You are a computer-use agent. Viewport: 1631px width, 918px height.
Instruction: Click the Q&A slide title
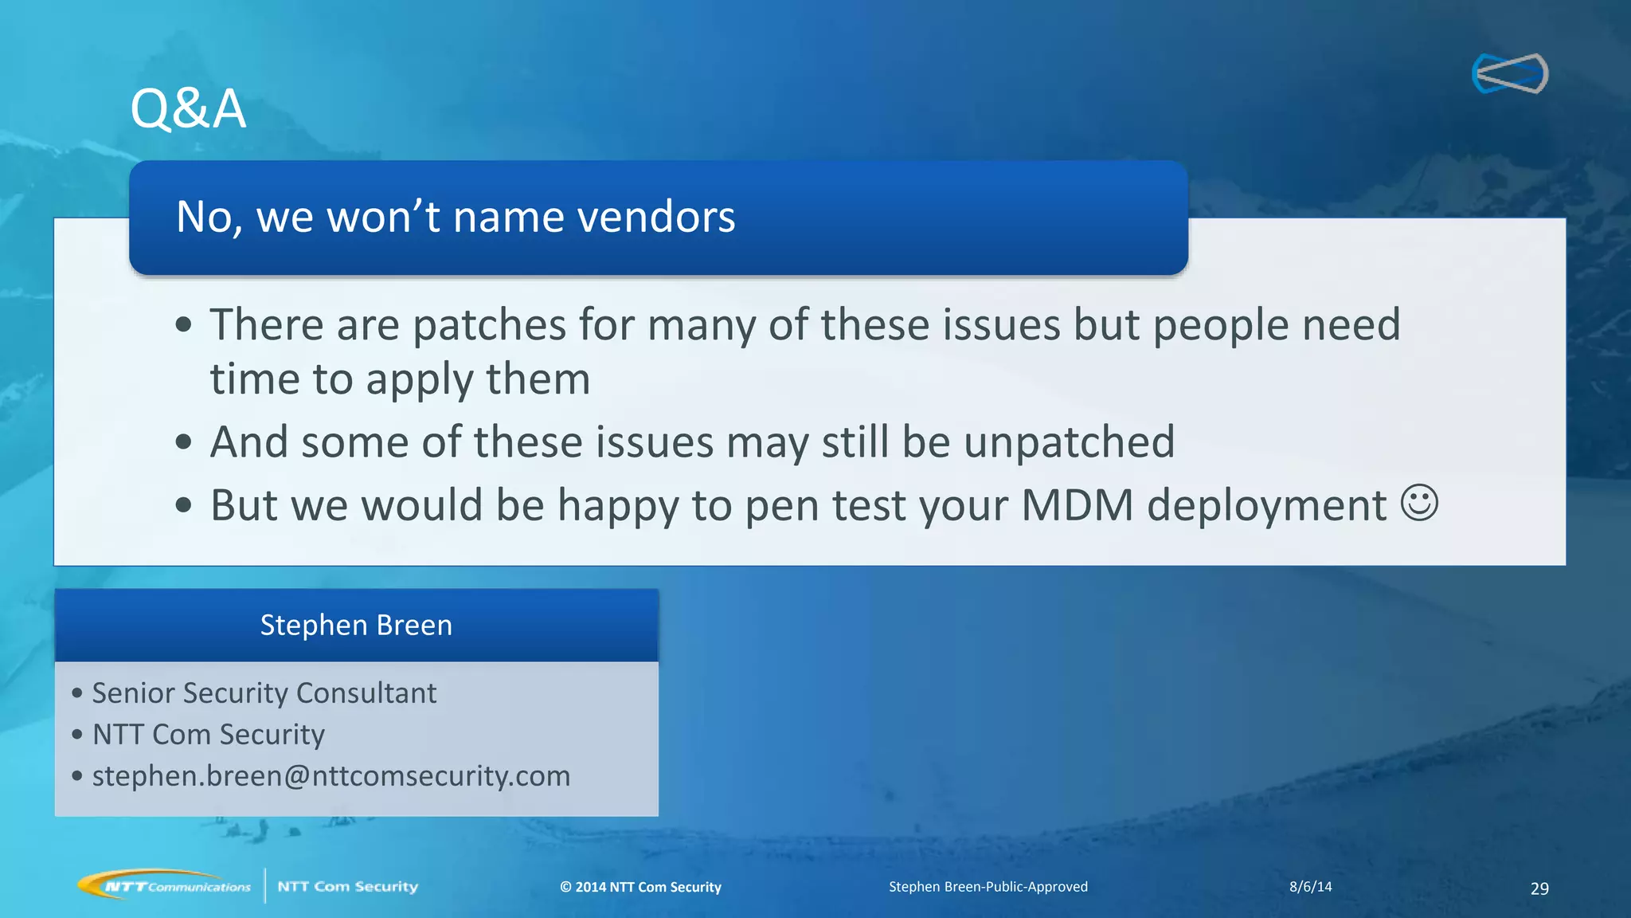(x=188, y=108)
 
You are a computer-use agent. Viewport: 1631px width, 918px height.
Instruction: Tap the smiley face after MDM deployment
(x=1419, y=504)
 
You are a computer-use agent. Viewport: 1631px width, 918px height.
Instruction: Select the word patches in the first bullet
(x=489, y=325)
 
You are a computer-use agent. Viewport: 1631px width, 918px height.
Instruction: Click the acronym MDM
(x=1077, y=505)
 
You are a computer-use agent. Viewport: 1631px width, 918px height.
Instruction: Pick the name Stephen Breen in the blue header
(x=356, y=626)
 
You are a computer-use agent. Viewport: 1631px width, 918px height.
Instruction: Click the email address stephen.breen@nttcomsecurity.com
(x=331, y=776)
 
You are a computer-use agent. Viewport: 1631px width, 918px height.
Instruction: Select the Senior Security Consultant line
(x=264, y=693)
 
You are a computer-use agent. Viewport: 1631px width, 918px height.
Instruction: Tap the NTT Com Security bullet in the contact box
(x=209, y=735)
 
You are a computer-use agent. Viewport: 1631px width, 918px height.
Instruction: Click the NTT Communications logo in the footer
(x=165, y=885)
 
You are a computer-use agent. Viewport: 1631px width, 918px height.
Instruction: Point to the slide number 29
(x=1539, y=889)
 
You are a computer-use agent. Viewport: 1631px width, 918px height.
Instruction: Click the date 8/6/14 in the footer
(x=1310, y=887)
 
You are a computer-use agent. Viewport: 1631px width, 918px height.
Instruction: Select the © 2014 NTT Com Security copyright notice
(x=640, y=887)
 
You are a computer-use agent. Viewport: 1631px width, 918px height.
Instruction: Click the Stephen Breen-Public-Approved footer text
(x=988, y=887)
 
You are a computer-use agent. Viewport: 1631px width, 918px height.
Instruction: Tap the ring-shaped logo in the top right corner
(x=1510, y=73)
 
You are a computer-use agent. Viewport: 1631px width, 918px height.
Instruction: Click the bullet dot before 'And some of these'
(x=184, y=442)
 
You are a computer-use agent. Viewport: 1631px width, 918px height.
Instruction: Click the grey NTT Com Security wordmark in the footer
(x=347, y=886)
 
